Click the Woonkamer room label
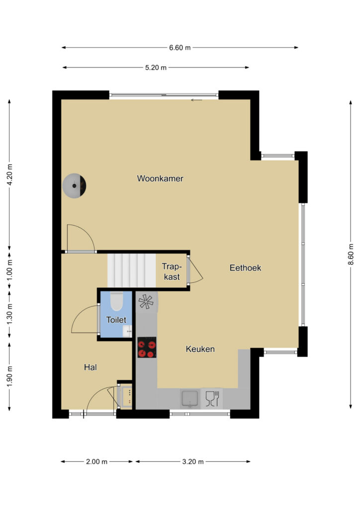[x=160, y=178]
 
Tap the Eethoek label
[x=246, y=268]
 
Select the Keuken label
[x=200, y=349]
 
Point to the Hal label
[x=90, y=367]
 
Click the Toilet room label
[x=116, y=320]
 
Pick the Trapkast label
[x=172, y=271]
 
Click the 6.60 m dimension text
[x=180, y=48]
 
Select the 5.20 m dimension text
[x=156, y=68]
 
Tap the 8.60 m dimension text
[x=351, y=254]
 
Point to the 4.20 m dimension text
[x=10, y=174]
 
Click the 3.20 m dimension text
[x=193, y=462]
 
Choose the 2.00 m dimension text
[x=97, y=462]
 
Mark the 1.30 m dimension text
[x=10, y=314]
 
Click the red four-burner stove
[x=147, y=347]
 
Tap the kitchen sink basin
[x=190, y=399]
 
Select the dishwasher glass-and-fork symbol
[x=212, y=399]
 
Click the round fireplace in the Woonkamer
[x=75, y=186]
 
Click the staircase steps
[x=131, y=270]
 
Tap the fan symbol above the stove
[x=146, y=302]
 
